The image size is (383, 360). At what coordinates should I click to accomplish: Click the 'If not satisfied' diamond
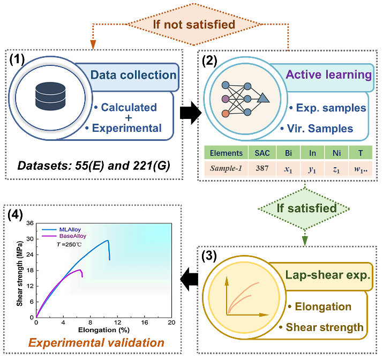point(194,24)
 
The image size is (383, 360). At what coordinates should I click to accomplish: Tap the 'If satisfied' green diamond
point(304,209)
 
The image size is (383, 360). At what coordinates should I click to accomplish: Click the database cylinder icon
point(50,96)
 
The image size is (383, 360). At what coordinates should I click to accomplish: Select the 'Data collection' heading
point(133,75)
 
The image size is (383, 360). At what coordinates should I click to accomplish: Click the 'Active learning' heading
point(329,74)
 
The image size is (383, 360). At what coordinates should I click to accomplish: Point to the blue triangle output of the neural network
point(263,98)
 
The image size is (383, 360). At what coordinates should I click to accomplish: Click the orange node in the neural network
point(226,114)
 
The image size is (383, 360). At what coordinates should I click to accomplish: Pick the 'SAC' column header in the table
point(262,153)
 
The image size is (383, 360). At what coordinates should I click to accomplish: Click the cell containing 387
point(262,168)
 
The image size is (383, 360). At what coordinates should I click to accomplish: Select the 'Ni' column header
point(336,153)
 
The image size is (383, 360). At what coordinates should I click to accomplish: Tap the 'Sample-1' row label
point(226,168)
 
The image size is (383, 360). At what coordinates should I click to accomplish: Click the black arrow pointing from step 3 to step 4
point(189,279)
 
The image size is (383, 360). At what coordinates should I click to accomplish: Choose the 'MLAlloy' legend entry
point(70,230)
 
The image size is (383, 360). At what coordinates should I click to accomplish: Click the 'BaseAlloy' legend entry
point(73,236)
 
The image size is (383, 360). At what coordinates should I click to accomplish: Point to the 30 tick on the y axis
point(30,239)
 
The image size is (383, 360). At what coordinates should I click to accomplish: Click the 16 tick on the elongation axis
point(144,322)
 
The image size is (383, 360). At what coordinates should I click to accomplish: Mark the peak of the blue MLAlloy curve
point(108,240)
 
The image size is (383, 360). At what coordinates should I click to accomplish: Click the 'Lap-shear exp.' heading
point(328,275)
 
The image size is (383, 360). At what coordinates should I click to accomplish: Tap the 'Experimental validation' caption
point(96,342)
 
